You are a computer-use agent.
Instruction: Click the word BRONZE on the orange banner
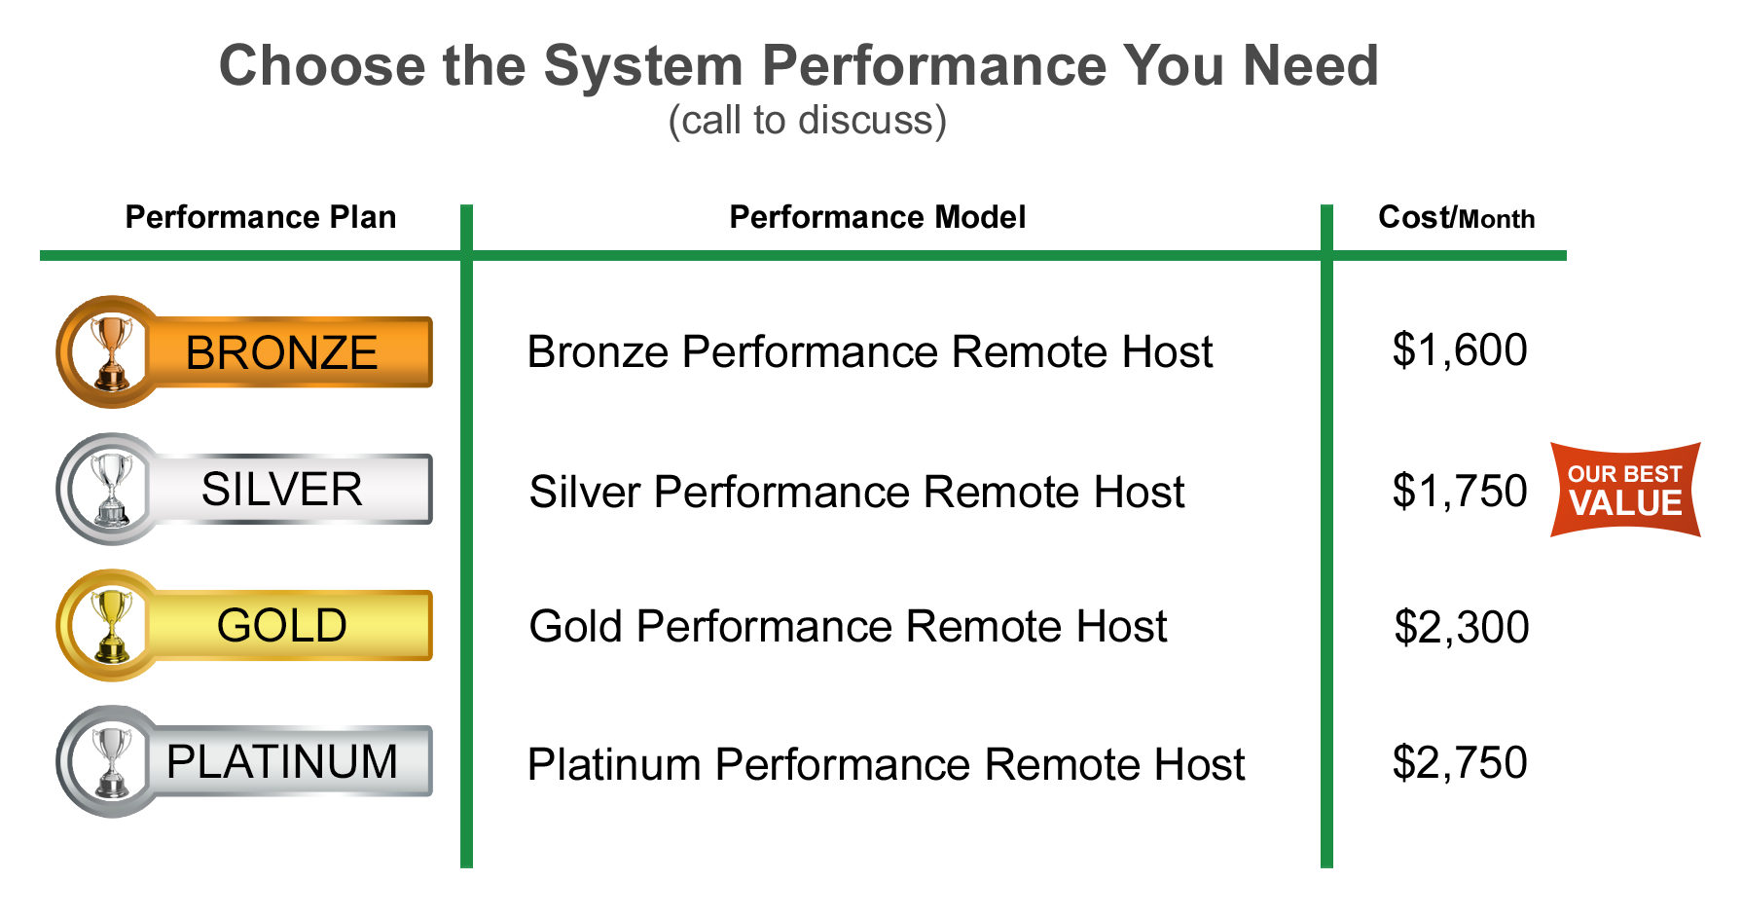[281, 352]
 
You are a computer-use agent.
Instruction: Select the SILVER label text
[281, 489]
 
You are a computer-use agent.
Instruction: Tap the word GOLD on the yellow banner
[281, 625]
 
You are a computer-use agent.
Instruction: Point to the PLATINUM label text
[281, 761]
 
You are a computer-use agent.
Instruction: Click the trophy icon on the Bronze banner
[113, 352]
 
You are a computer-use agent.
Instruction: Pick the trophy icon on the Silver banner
[113, 489]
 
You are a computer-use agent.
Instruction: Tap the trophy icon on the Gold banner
[113, 625]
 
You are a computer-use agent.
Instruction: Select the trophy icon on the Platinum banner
[113, 761]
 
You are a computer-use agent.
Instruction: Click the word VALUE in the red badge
[1625, 504]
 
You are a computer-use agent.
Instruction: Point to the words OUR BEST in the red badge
[1624, 474]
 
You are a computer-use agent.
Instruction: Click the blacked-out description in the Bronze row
[866, 351]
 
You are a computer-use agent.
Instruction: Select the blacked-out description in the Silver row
[856, 492]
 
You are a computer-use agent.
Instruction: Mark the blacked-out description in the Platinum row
[887, 763]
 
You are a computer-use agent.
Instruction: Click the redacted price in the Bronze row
[1460, 351]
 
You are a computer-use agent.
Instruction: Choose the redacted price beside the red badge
[1460, 492]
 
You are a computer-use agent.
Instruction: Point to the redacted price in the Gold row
[1462, 628]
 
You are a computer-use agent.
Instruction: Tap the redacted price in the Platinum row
[1460, 763]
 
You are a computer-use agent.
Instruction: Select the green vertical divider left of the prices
[1326, 535]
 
